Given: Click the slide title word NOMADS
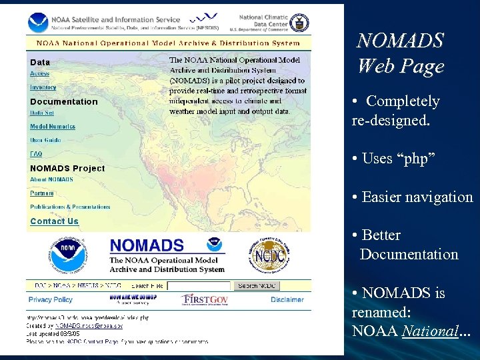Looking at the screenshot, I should click(400, 41).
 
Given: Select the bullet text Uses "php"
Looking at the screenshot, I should click(398, 159).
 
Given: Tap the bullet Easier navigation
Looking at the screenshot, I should click(417, 197).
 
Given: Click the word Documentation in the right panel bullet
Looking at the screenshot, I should click(409, 254).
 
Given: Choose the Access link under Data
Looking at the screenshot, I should click(39, 73).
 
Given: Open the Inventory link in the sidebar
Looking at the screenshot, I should click(43, 87).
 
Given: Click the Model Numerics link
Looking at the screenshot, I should click(52, 126).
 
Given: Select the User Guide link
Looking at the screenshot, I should click(45, 140).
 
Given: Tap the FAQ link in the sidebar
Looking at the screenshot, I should click(35, 154).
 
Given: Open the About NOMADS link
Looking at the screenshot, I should click(51, 179).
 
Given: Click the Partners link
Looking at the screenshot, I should click(41, 193).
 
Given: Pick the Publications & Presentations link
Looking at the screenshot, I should click(70, 207).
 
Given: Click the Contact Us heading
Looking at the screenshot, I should click(54, 221).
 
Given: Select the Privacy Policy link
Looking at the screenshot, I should click(50, 300).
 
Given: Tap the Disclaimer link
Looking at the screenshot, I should click(287, 300).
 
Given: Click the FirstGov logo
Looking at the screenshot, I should click(205, 299).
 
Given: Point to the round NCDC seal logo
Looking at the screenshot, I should click(271, 256).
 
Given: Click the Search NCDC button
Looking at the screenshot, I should click(257, 285).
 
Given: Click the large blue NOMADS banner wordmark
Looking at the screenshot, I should click(147, 246).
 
